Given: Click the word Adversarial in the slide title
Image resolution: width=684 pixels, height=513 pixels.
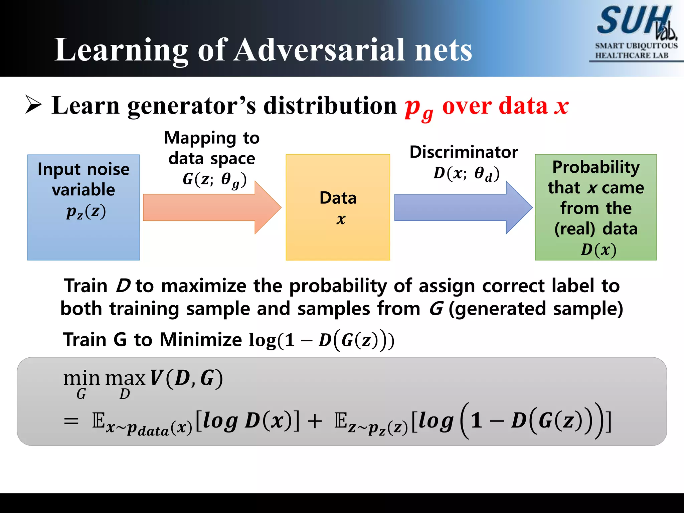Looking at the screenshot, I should pos(319,50).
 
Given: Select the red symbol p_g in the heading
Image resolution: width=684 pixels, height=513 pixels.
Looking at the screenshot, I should pos(418,108).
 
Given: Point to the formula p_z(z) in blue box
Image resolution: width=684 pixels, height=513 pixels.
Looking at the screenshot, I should pos(86,212).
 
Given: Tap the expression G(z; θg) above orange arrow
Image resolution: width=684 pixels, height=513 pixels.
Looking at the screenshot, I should pos(214,180).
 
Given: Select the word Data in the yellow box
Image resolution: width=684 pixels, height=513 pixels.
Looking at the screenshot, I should pos(338,198).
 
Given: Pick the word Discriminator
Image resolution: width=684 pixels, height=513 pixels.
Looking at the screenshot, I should pos(464,152).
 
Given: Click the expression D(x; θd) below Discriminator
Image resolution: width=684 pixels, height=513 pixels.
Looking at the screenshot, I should pos(466,174).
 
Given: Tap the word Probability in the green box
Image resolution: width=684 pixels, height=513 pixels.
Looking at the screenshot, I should pos(596,167).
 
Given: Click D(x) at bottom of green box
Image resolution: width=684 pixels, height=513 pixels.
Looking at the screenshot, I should pos(598,249).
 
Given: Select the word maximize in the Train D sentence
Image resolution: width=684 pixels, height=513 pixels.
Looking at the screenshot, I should pos(204,286).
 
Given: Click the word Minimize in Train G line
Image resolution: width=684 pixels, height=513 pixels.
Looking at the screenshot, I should pos(201,340).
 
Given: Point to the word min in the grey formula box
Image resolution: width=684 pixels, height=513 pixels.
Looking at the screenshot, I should pos(81,378).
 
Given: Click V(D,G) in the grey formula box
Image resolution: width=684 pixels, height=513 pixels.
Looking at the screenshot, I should pos(186,378).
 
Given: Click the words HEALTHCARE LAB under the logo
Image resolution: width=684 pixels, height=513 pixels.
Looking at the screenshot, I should pos(632,55).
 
